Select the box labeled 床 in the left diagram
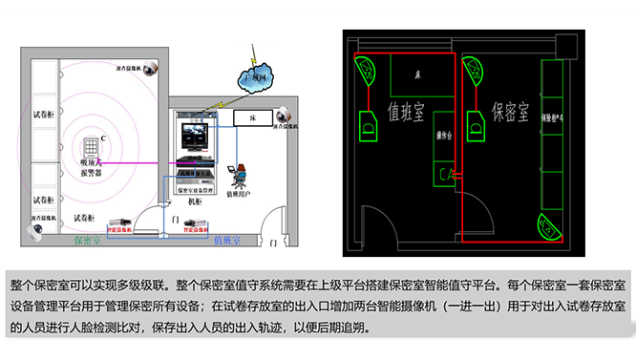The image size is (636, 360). coord(255,118)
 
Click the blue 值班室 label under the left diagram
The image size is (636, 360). coord(228,241)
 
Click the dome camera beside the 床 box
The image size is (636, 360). coord(283,116)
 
